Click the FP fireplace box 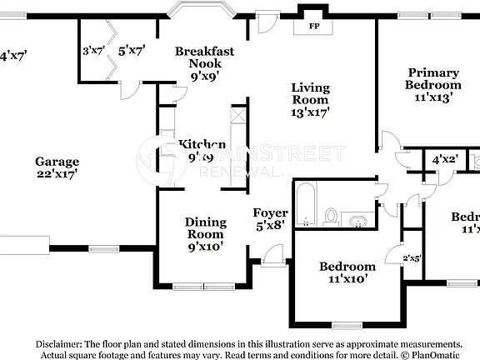point(314,26)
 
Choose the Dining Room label point(205,228)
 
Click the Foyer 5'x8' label point(270,219)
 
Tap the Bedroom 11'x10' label point(347,272)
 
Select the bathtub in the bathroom point(305,205)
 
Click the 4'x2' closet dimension point(443,159)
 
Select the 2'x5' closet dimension point(412,258)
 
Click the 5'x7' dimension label point(132,51)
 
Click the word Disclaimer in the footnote point(57,343)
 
